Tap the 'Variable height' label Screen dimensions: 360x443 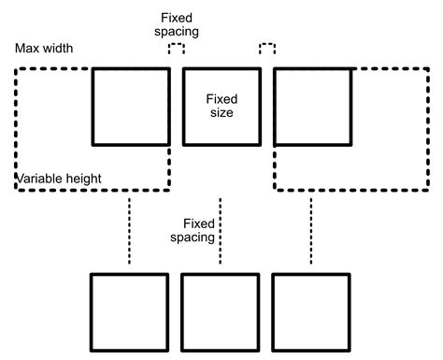pos(58,178)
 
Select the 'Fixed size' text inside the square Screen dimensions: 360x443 pos(221,105)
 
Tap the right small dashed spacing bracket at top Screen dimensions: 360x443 pos(267,49)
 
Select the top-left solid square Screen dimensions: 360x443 pos(131,105)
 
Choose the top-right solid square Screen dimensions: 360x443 pos(313,105)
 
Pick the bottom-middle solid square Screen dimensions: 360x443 pos(221,311)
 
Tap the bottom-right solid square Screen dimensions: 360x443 pos(312,311)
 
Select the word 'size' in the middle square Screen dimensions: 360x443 pos(221,112)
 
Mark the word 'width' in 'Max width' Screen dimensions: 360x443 pos(58,48)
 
